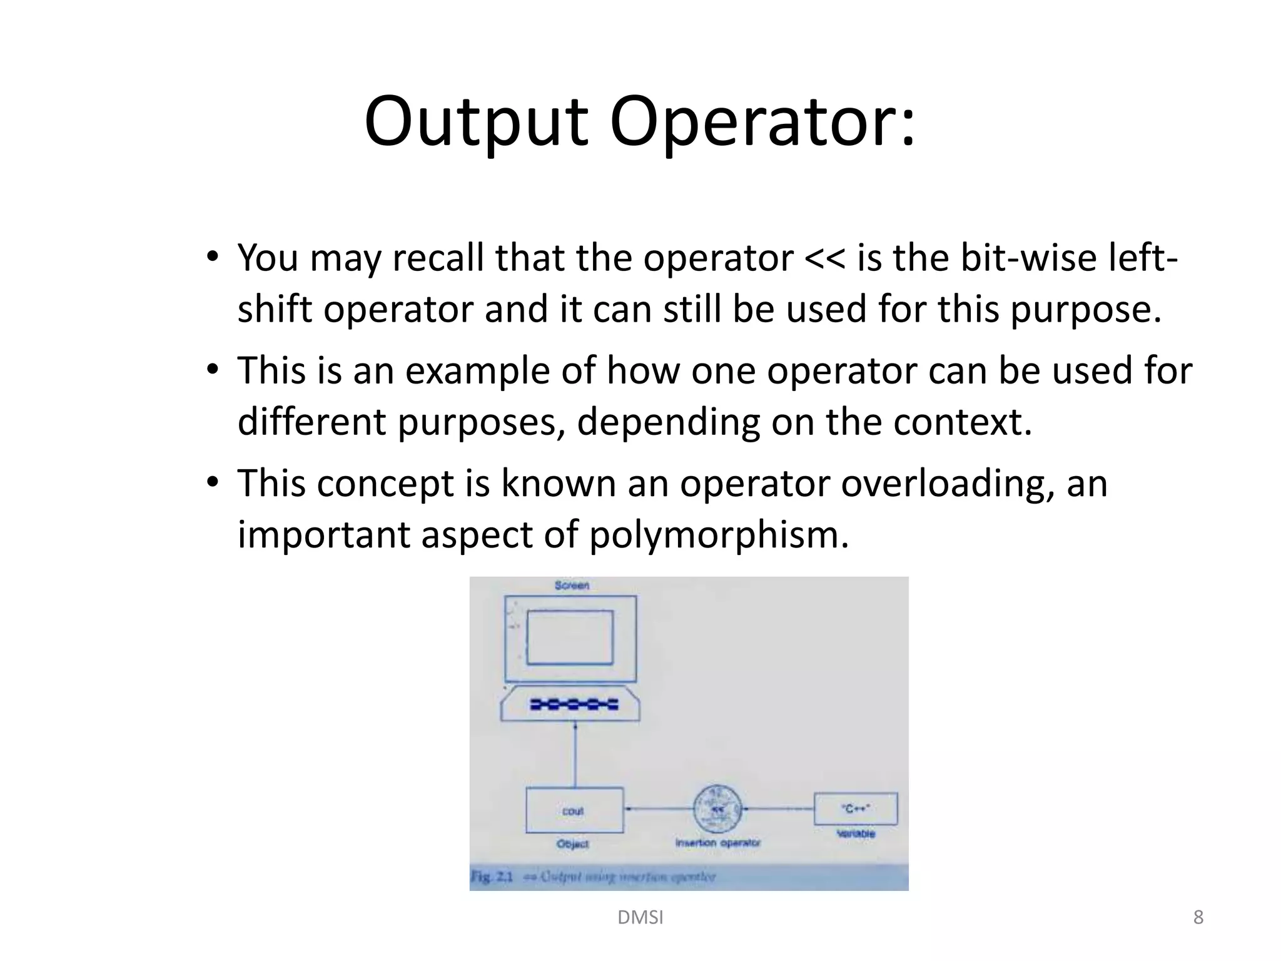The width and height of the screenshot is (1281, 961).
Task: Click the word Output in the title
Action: click(475, 122)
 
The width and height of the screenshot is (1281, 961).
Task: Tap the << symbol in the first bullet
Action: click(825, 258)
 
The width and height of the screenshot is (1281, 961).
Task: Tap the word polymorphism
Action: click(719, 535)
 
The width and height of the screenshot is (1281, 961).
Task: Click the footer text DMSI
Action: click(640, 917)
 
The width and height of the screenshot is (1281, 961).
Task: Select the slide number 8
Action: click(1198, 917)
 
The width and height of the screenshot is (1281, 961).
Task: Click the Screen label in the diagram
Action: click(572, 586)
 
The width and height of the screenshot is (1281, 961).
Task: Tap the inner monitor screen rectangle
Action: click(570, 637)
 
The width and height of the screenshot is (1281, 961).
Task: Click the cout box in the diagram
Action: click(574, 810)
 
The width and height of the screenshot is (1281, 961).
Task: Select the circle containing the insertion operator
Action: click(718, 808)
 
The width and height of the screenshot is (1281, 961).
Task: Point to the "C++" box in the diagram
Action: click(855, 809)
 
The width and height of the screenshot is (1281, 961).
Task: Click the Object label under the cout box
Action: click(572, 844)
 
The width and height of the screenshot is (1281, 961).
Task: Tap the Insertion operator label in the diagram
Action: click(717, 843)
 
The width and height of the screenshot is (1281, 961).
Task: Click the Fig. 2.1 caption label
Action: click(492, 877)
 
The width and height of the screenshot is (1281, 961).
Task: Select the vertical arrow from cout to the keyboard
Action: click(575, 754)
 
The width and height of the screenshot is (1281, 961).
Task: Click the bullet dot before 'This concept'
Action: click(213, 482)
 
